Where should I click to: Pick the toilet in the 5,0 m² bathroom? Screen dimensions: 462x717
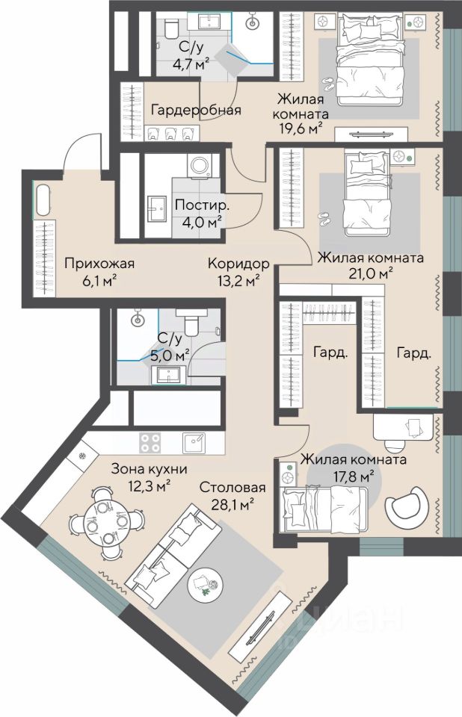click(191, 323)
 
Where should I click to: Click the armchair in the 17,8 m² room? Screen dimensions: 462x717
click(406, 506)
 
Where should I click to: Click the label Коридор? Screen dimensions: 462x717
click(238, 264)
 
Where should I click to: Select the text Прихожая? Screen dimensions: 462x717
click(99, 264)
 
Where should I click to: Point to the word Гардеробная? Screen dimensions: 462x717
click(197, 111)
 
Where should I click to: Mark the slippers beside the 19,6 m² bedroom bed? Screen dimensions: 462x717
click(329, 83)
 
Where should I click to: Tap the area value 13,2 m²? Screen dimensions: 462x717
click(238, 280)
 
